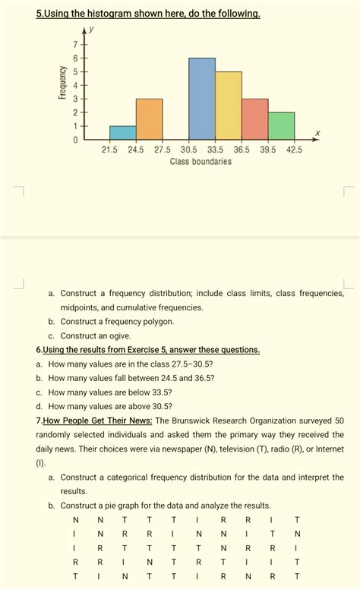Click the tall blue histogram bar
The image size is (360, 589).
pyautogui.click(x=202, y=99)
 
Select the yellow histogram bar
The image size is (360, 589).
pyautogui.click(x=228, y=106)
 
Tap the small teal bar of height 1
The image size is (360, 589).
pyautogui.click(x=122, y=133)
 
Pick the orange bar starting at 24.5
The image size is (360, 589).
pyautogui.click(x=149, y=119)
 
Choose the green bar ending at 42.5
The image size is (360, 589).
pyautogui.click(x=281, y=126)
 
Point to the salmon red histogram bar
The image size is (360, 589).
pyautogui.click(x=254, y=119)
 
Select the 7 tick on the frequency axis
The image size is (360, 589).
pyautogui.click(x=75, y=44)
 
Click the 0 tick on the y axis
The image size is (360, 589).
pyautogui.click(x=75, y=140)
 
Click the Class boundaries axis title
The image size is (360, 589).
pyautogui.click(x=201, y=162)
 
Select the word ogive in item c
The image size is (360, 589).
pyautogui.click(x=118, y=335)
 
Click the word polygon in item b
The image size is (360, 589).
pyautogui.click(x=157, y=321)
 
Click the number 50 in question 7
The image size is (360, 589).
pyautogui.click(x=339, y=420)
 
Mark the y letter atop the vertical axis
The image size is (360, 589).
pyautogui.click(x=90, y=31)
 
